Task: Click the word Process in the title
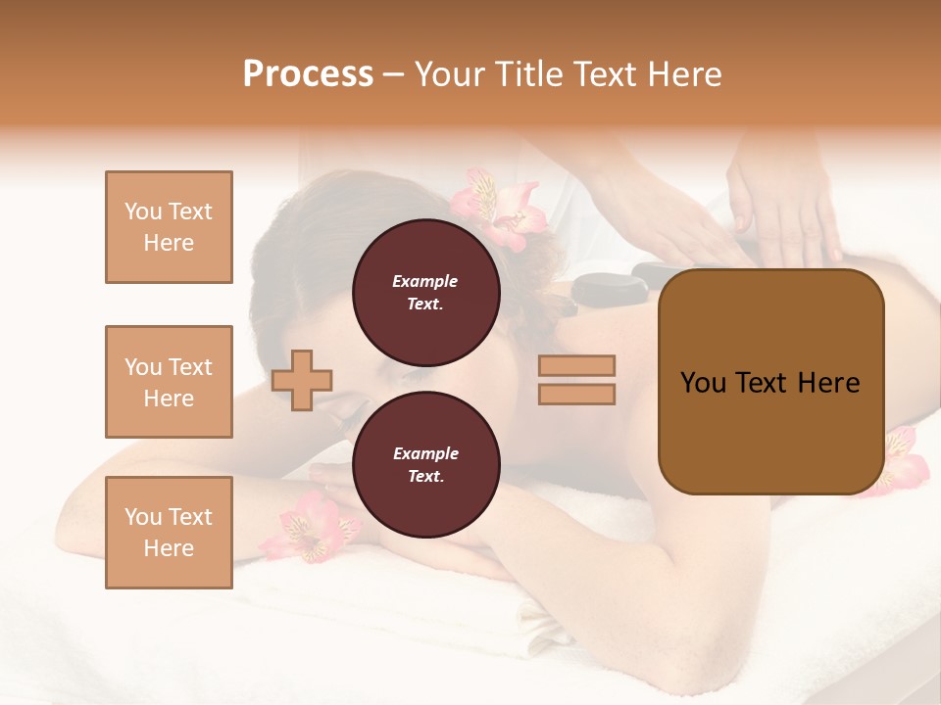click(x=308, y=74)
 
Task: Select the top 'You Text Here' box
click(x=169, y=227)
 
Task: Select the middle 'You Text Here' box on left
click(x=169, y=382)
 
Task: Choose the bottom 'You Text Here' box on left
click(x=169, y=533)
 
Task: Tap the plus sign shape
click(x=302, y=379)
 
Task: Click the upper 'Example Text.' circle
click(x=425, y=292)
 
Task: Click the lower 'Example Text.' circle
click(x=425, y=464)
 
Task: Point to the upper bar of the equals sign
click(x=577, y=365)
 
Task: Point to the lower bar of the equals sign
click(x=577, y=394)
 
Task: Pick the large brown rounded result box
click(x=770, y=382)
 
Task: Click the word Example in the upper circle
click(x=424, y=281)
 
